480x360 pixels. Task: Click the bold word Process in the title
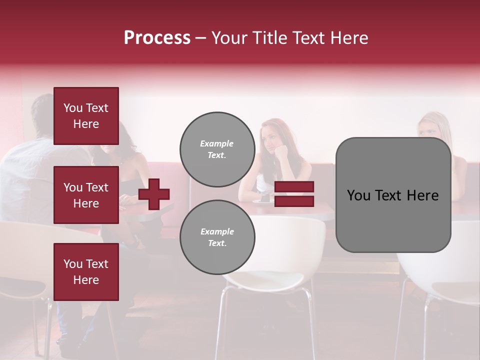click(x=157, y=38)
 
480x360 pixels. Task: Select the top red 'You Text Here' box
click(x=86, y=116)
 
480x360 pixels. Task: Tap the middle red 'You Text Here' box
click(x=86, y=195)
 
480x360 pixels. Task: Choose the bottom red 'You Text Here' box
click(x=86, y=271)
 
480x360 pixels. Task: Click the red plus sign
click(x=154, y=194)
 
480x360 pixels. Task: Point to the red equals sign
click(x=294, y=194)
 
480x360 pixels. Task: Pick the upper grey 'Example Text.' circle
click(x=217, y=149)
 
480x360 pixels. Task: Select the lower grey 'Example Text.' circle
click(x=217, y=237)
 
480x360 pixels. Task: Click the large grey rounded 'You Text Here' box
click(x=393, y=195)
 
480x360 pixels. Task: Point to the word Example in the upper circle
click(x=217, y=143)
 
